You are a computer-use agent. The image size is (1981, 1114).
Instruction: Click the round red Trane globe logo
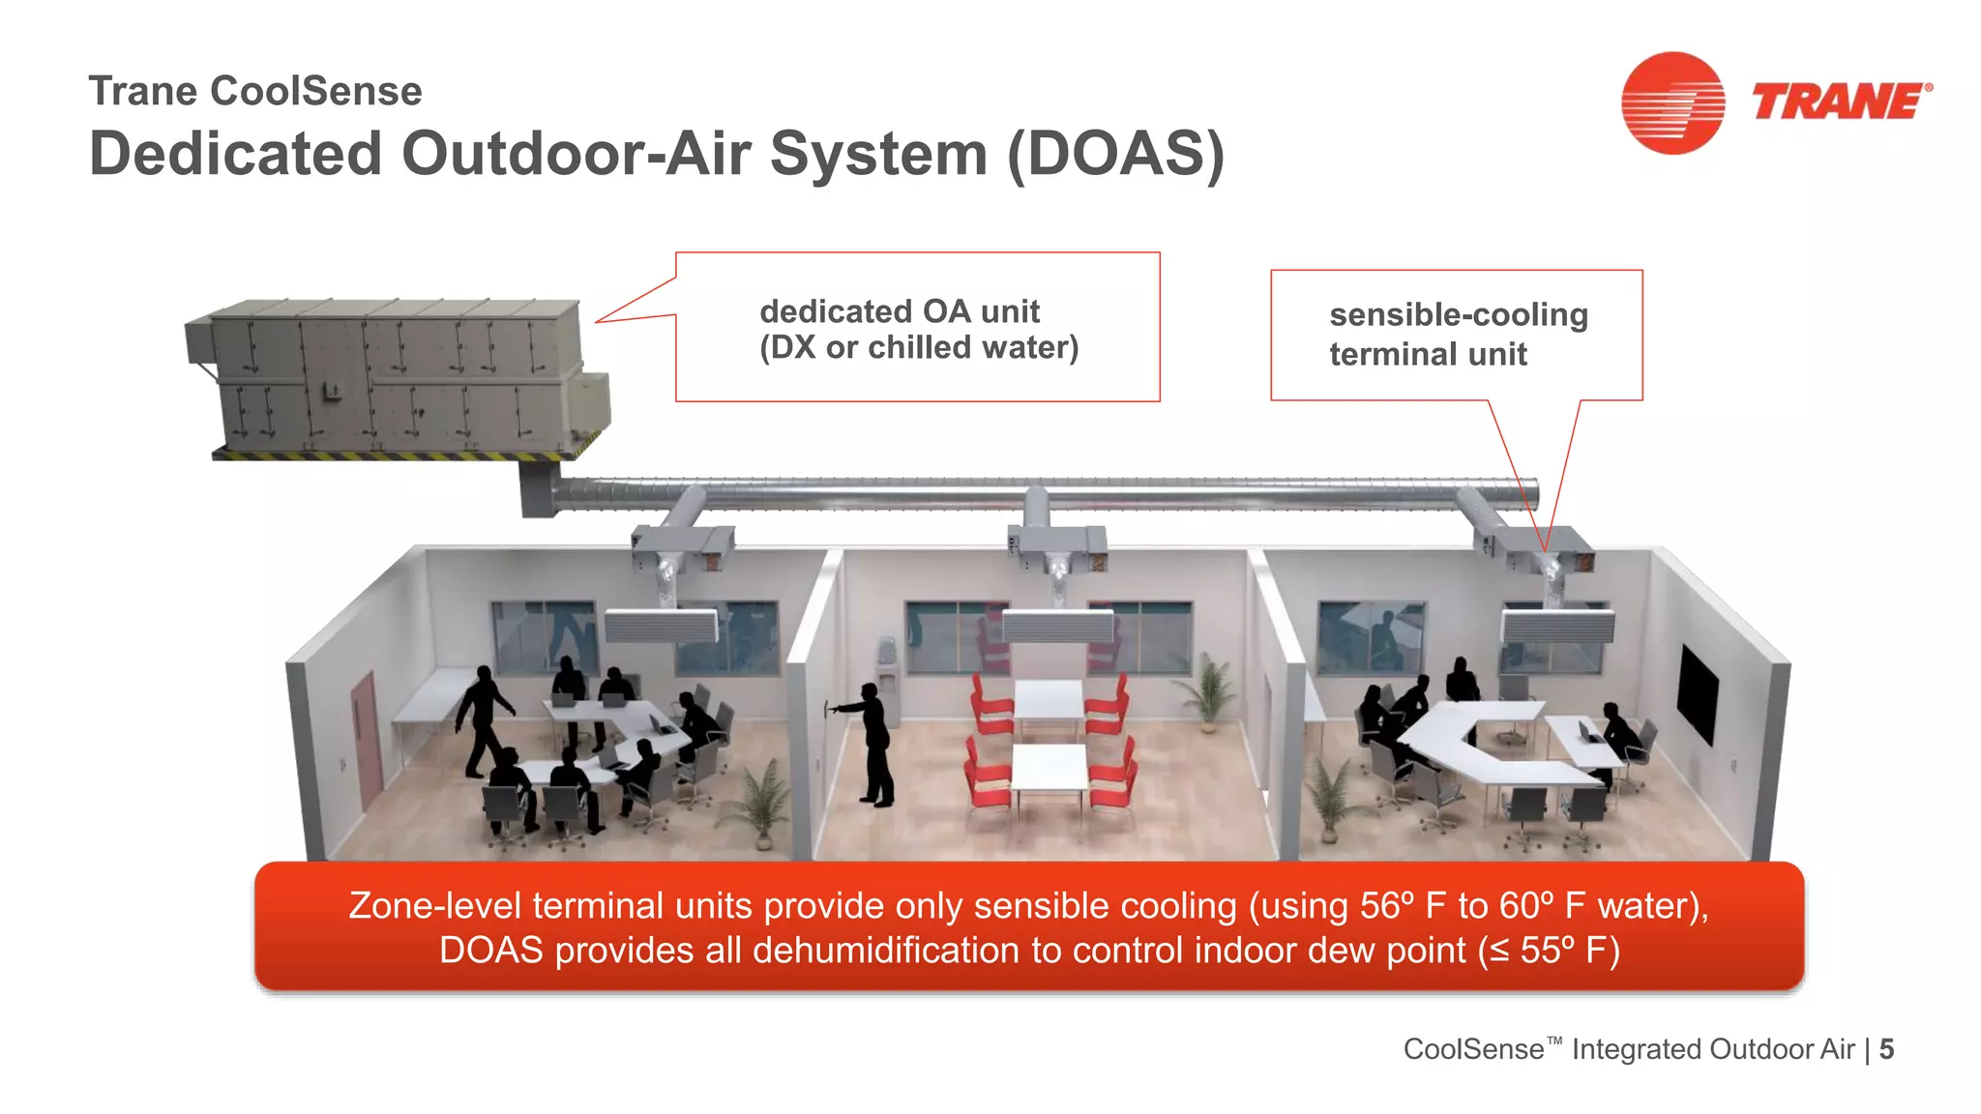coord(1672,103)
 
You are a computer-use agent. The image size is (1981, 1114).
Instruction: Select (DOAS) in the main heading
coord(1115,154)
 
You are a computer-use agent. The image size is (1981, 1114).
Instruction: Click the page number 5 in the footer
coord(1886,1049)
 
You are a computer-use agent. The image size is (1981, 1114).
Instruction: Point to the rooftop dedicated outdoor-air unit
coord(397,379)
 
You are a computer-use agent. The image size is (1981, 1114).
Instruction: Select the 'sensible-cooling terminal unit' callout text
coord(1458,334)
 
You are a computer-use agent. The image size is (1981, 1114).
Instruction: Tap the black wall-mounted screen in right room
coord(1698,692)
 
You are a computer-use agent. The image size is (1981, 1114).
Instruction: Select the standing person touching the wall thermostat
coord(872,743)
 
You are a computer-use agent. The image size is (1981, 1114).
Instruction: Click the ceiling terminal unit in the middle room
coord(1057,626)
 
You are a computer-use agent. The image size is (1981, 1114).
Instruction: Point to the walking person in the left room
coord(483,720)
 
